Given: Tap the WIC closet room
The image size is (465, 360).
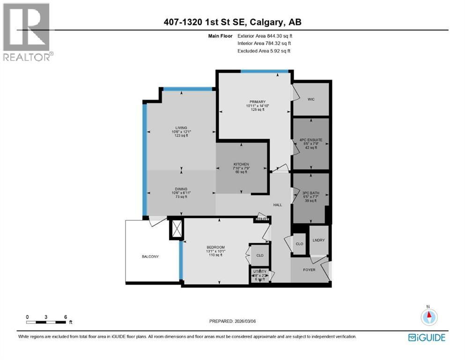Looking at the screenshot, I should tap(310, 99).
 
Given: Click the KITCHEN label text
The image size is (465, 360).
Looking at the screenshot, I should tap(242, 165).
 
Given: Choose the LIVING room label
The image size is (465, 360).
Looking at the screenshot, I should tap(181, 128).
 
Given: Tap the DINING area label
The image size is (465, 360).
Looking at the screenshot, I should tap(181, 189).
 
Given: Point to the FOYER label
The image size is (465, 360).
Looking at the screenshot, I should tap(309, 270).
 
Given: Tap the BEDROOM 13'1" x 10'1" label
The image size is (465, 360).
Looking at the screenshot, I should tap(216, 247).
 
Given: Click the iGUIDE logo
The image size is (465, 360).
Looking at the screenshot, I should tap(426, 337).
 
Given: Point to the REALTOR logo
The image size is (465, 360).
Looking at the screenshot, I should tap(27, 32).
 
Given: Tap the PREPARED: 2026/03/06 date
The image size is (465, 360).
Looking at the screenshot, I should tap(233, 321).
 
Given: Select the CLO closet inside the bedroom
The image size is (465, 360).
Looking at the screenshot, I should tap(260, 255).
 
